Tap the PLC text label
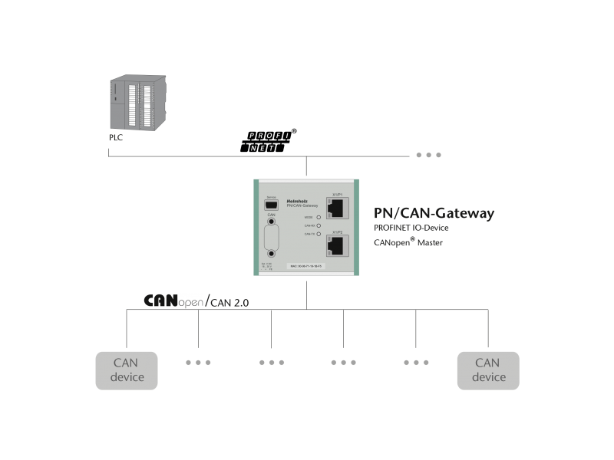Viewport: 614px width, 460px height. [x=116, y=139]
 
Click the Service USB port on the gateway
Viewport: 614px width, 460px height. [x=270, y=206]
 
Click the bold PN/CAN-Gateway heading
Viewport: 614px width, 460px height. [x=434, y=213]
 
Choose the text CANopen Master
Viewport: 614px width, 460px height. [x=408, y=243]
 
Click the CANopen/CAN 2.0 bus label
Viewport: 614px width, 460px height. [x=196, y=301]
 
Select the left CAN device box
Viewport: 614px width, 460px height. [x=127, y=370]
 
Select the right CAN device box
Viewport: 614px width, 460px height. [x=488, y=370]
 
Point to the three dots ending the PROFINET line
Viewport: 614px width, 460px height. [x=428, y=155]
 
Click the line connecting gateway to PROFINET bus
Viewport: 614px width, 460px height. [x=306, y=166]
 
